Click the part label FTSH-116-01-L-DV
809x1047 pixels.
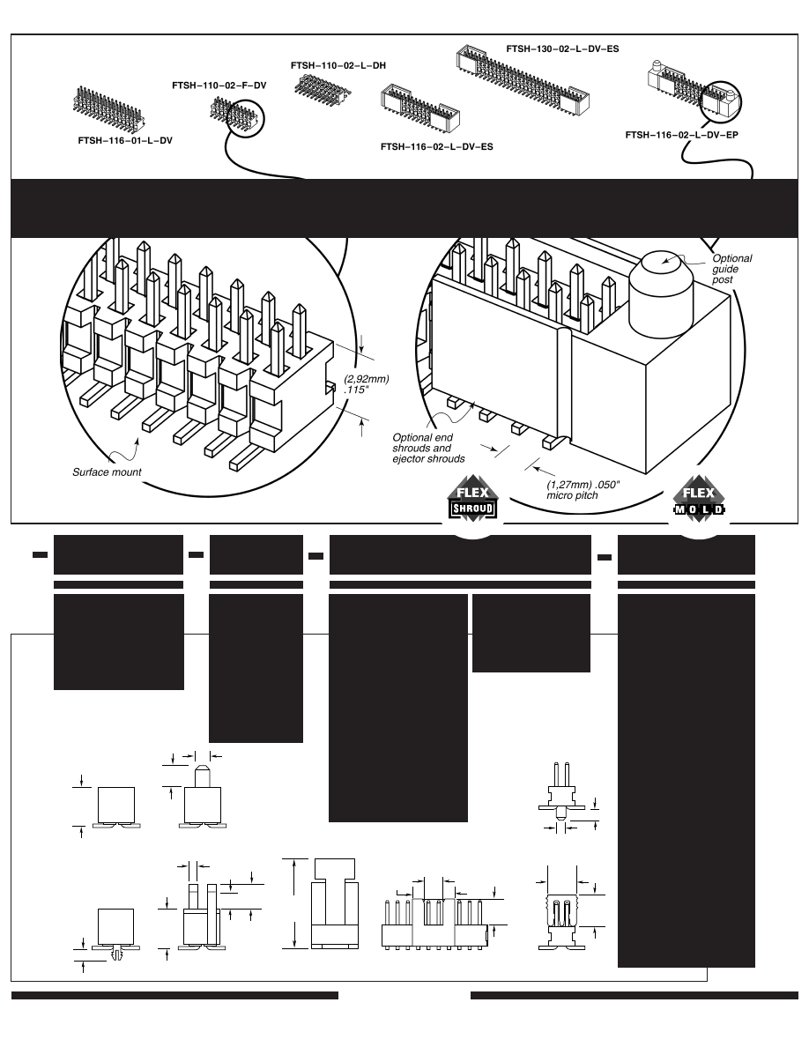click(124, 140)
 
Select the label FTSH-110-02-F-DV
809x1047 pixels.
click(219, 85)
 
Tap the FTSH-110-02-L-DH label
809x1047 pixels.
click(338, 65)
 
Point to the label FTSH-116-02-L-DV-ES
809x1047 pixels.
click(436, 146)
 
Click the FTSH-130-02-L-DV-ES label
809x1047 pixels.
click(561, 49)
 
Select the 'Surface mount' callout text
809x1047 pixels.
click(107, 472)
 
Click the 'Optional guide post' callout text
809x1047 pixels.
click(731, 269)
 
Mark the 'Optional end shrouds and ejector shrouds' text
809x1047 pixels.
click(429, 448)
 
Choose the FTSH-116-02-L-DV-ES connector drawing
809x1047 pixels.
click(419, 109)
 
